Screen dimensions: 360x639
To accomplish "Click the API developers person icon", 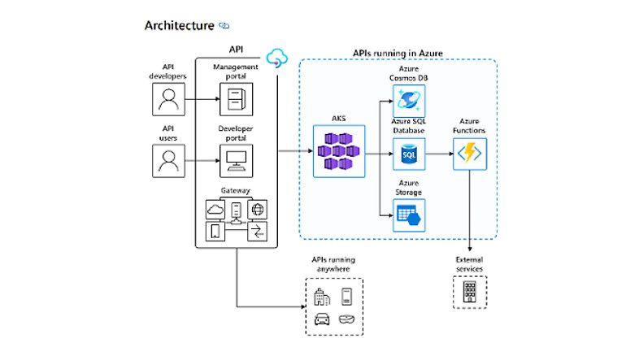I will (168, 99).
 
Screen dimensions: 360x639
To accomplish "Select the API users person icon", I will (168, 160).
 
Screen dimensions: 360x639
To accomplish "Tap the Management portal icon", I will (235, 99).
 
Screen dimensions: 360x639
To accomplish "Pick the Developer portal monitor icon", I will (235, 160).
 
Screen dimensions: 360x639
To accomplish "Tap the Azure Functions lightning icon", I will (468, 152).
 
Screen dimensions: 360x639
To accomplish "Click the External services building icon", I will (468, 292).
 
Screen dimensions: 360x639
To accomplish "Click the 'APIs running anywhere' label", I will (333, 265).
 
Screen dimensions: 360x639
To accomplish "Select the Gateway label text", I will (235, 191).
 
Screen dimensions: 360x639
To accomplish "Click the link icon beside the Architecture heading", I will (224, 25).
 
